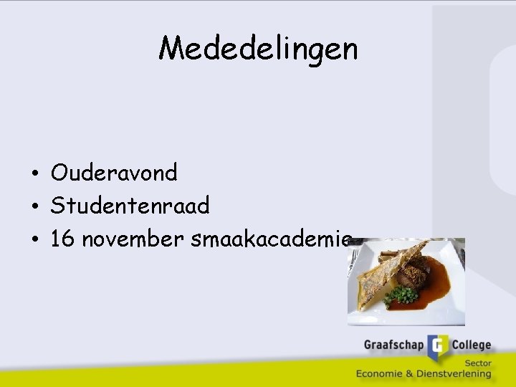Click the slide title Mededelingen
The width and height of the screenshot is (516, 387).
[258, 49]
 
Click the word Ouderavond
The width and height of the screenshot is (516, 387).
[114, 173]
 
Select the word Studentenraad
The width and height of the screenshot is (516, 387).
[130, 206]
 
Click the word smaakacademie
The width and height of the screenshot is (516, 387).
[271, 239]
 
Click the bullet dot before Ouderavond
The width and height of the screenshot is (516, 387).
[34, 174]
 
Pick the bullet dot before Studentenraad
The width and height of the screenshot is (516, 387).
[34, 208]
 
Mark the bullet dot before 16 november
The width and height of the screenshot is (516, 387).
[34, 241]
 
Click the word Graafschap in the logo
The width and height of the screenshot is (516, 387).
[393, 345]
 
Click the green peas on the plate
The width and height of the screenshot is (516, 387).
[406, 295]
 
